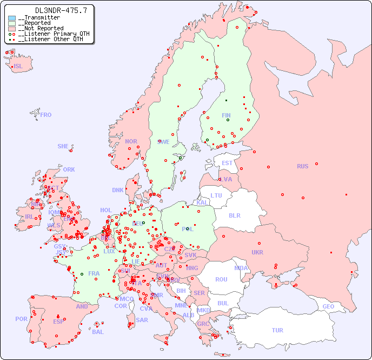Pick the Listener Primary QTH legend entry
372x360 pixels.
point(49,34)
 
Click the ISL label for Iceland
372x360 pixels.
point(18,67)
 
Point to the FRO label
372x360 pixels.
point(46,115)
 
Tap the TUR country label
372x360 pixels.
point(277,330)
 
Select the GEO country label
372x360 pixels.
point(328,306)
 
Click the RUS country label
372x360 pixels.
point(302,166)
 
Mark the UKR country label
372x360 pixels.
point(257,252)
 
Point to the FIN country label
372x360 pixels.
point(226,115)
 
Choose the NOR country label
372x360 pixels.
point(131,141)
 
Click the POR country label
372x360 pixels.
point(21,319)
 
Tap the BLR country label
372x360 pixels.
point(234,215)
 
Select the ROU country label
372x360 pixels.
point(221,279)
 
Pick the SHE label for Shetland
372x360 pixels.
point(63,146)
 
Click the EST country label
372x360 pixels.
point(227,163)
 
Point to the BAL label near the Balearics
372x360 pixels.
point(98,332)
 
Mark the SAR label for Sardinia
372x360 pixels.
point(142,320)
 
